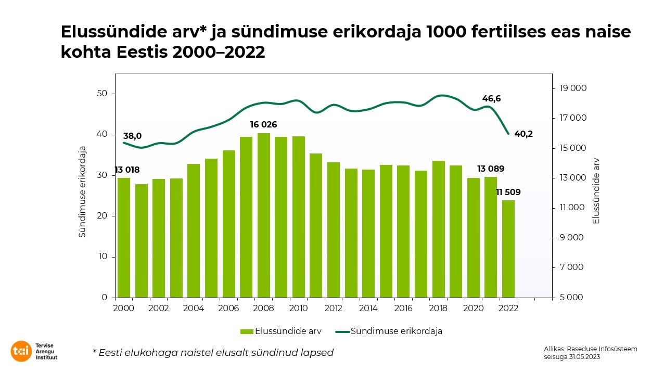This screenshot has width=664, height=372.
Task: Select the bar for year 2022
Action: [508, 249]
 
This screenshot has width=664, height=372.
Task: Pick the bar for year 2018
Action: [438, 229]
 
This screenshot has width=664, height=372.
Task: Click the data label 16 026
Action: [263, 125]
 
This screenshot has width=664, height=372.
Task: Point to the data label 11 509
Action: [508, 193]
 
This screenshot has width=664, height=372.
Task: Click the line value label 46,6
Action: [491, 98]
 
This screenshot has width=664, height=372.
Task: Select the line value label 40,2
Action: [523, 134]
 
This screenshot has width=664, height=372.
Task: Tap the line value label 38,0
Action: [132, 136]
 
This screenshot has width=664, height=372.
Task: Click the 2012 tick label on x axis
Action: [333, 308]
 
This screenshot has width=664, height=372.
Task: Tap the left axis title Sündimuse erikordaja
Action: [82, 191]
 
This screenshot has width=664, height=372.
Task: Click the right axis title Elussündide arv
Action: [596, 191]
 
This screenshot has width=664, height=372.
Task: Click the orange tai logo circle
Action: [21, 351]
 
